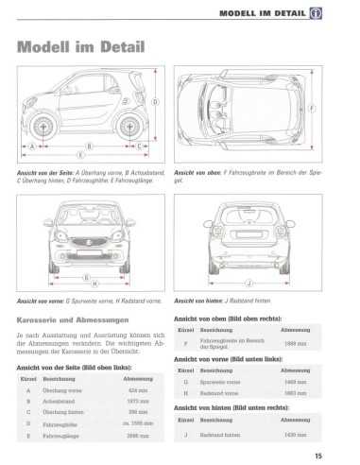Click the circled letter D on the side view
155,102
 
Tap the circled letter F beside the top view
311,108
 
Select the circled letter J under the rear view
249,283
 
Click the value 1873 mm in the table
137,401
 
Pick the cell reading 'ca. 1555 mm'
137,423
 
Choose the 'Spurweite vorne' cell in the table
219,382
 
